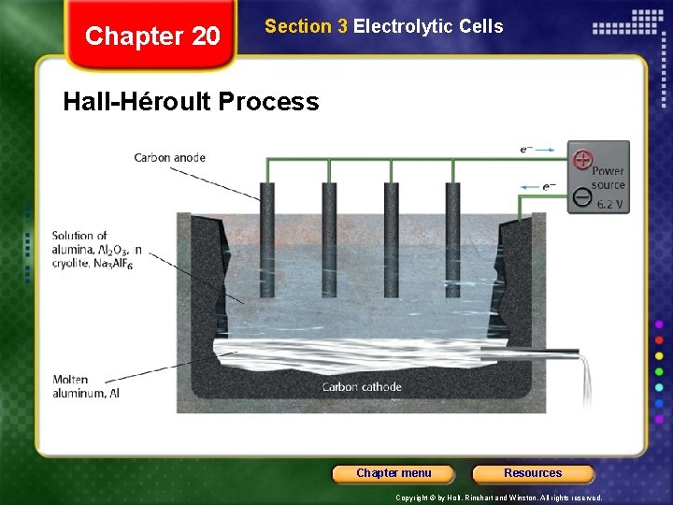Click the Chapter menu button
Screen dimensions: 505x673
(394, 473)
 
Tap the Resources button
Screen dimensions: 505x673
(533, 473)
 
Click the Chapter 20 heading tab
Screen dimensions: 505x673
(152, 36)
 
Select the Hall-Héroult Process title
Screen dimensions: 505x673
(191, 101)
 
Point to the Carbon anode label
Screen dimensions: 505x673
(169, 158)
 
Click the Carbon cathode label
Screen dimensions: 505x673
(362, 387)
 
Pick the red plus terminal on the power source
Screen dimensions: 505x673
(582, 159)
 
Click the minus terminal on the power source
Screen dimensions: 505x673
(581, 196)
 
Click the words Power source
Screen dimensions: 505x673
(608, 178)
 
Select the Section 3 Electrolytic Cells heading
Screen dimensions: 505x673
(383, 27)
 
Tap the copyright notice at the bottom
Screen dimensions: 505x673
(499, 498)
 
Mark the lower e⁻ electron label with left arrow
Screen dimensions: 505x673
(546, 186)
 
